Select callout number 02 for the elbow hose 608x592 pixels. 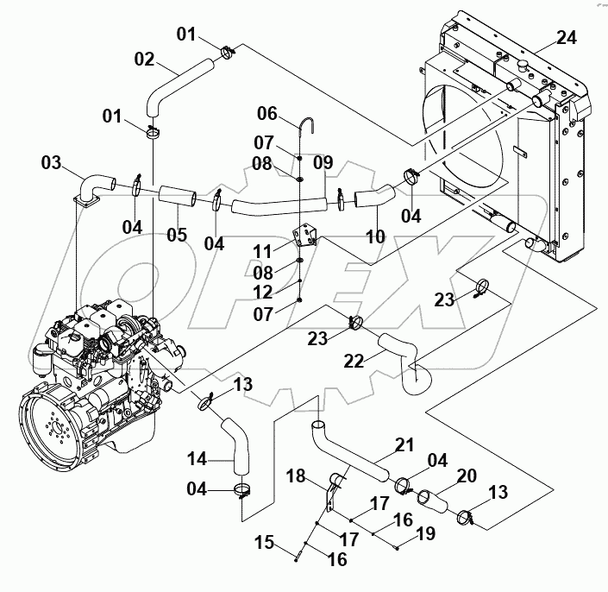tap(144, 60)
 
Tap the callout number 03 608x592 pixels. tap(51, 161)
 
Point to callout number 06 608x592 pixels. tap(267, 113)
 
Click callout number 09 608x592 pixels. tap(322, 161)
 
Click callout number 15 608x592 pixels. tap(265, 543)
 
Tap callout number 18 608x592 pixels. tap(296, 475)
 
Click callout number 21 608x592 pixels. tap(404, 444)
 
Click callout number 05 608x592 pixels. tap(177, 235)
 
